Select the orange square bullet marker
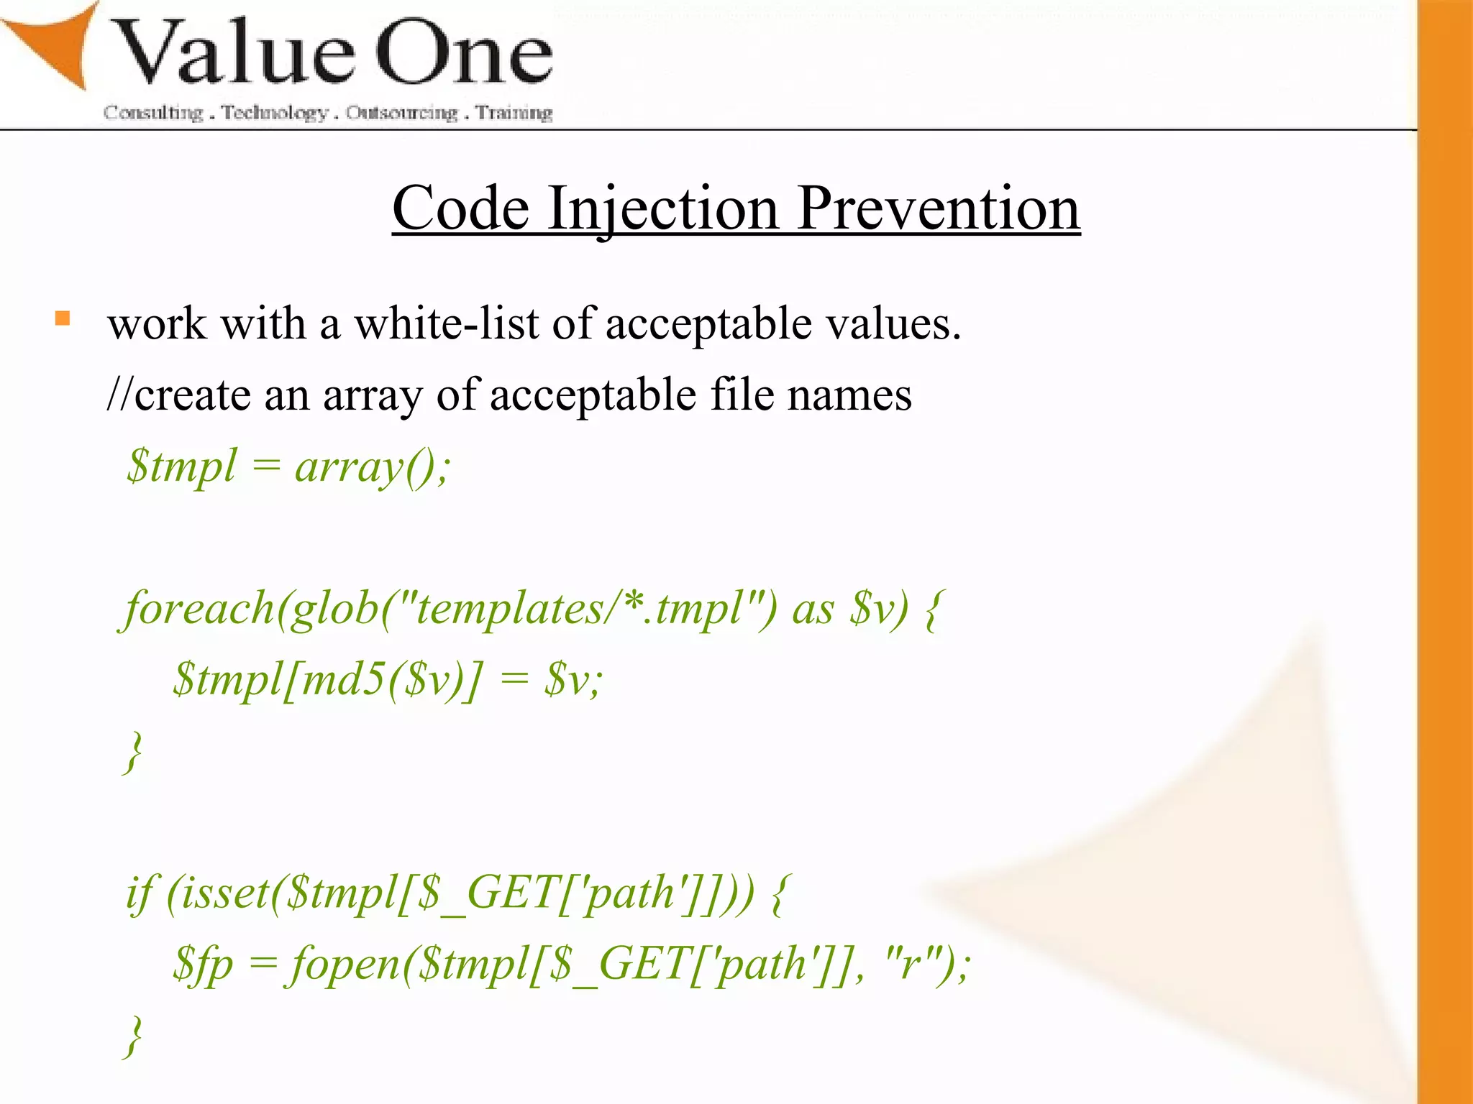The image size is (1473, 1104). click(63, 318)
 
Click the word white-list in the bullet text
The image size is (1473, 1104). click(446, 323)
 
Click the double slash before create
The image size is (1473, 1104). click(119, 395)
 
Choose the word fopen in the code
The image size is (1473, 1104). click(344, 964)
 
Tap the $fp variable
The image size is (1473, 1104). click(203, 964)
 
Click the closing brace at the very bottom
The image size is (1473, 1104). click(133, 1036)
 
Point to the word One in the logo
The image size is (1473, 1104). click(465, 54)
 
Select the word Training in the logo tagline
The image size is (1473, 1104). click(514, 113)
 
